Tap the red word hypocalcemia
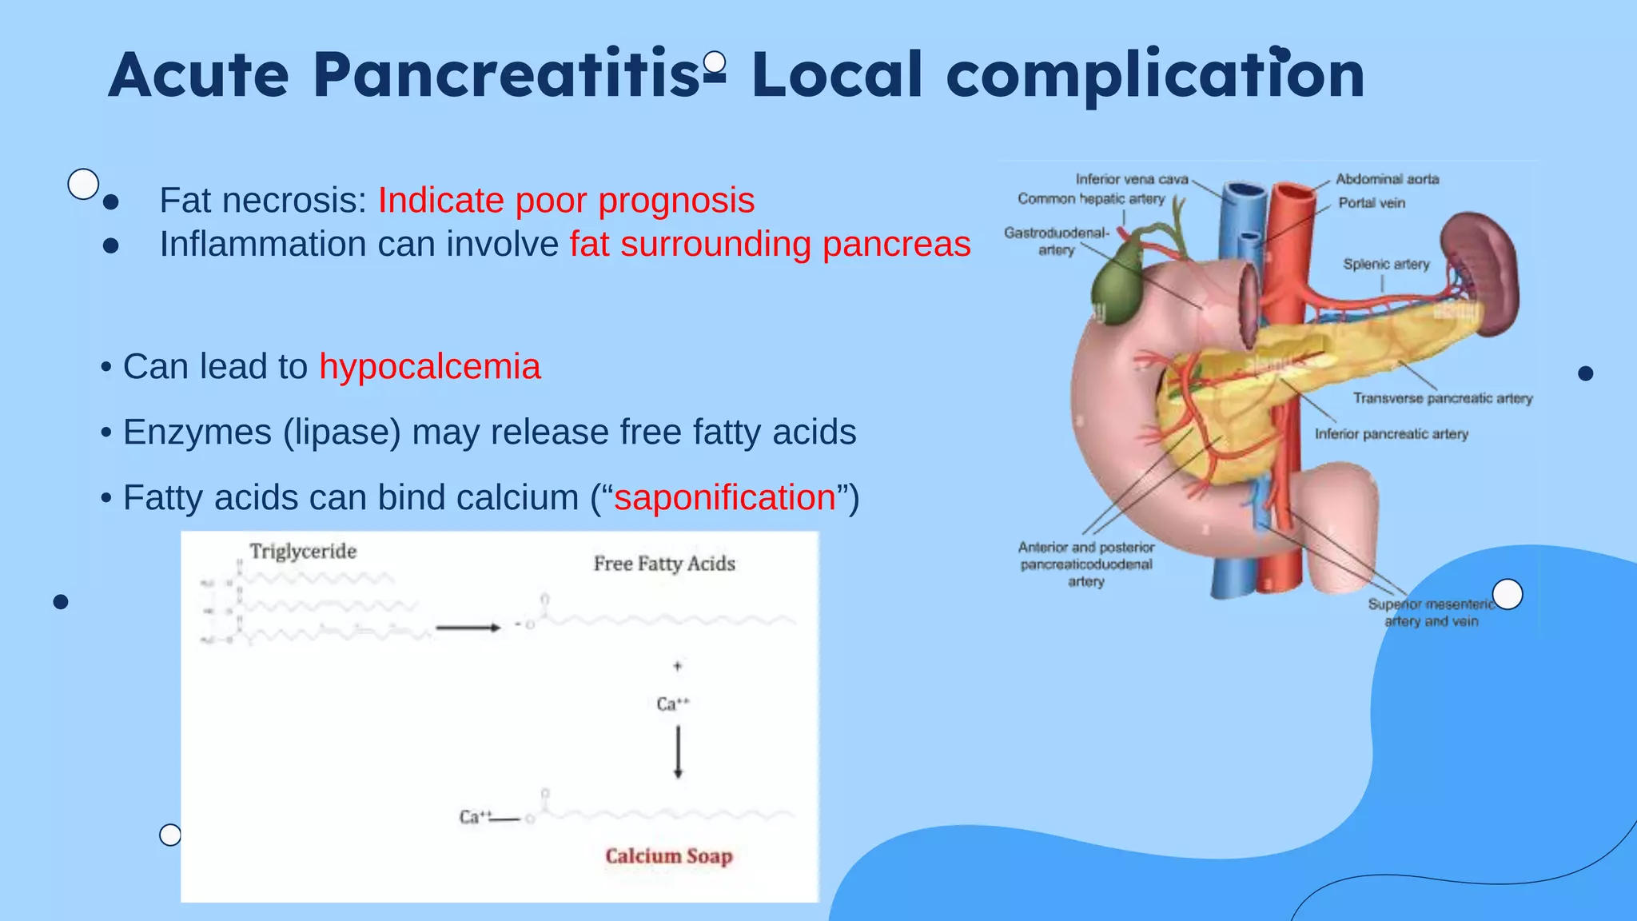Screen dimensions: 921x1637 click(430, 367)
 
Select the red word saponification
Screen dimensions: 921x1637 click(724, 497)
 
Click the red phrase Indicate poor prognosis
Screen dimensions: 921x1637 click(566, 200)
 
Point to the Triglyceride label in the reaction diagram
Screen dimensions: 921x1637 click(303, 551)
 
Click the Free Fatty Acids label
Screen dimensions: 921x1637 click(663, 564)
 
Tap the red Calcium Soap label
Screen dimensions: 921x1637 click(668, 856)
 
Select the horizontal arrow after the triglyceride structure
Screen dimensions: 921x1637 click(468, 628)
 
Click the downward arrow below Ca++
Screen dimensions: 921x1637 click(678, 752)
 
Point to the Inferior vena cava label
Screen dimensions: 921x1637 click(1131, 179)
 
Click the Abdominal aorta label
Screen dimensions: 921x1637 click(1387, 179)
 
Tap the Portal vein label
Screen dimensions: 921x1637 click(1372, 203)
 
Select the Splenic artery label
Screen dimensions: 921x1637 click(1386, 264)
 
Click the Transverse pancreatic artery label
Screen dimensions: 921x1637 click(1442, 398)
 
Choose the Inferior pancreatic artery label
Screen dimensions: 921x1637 click(1391, 434)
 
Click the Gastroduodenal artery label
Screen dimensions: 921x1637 click(1056, 241)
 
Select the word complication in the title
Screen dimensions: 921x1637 click(1154, 75)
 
